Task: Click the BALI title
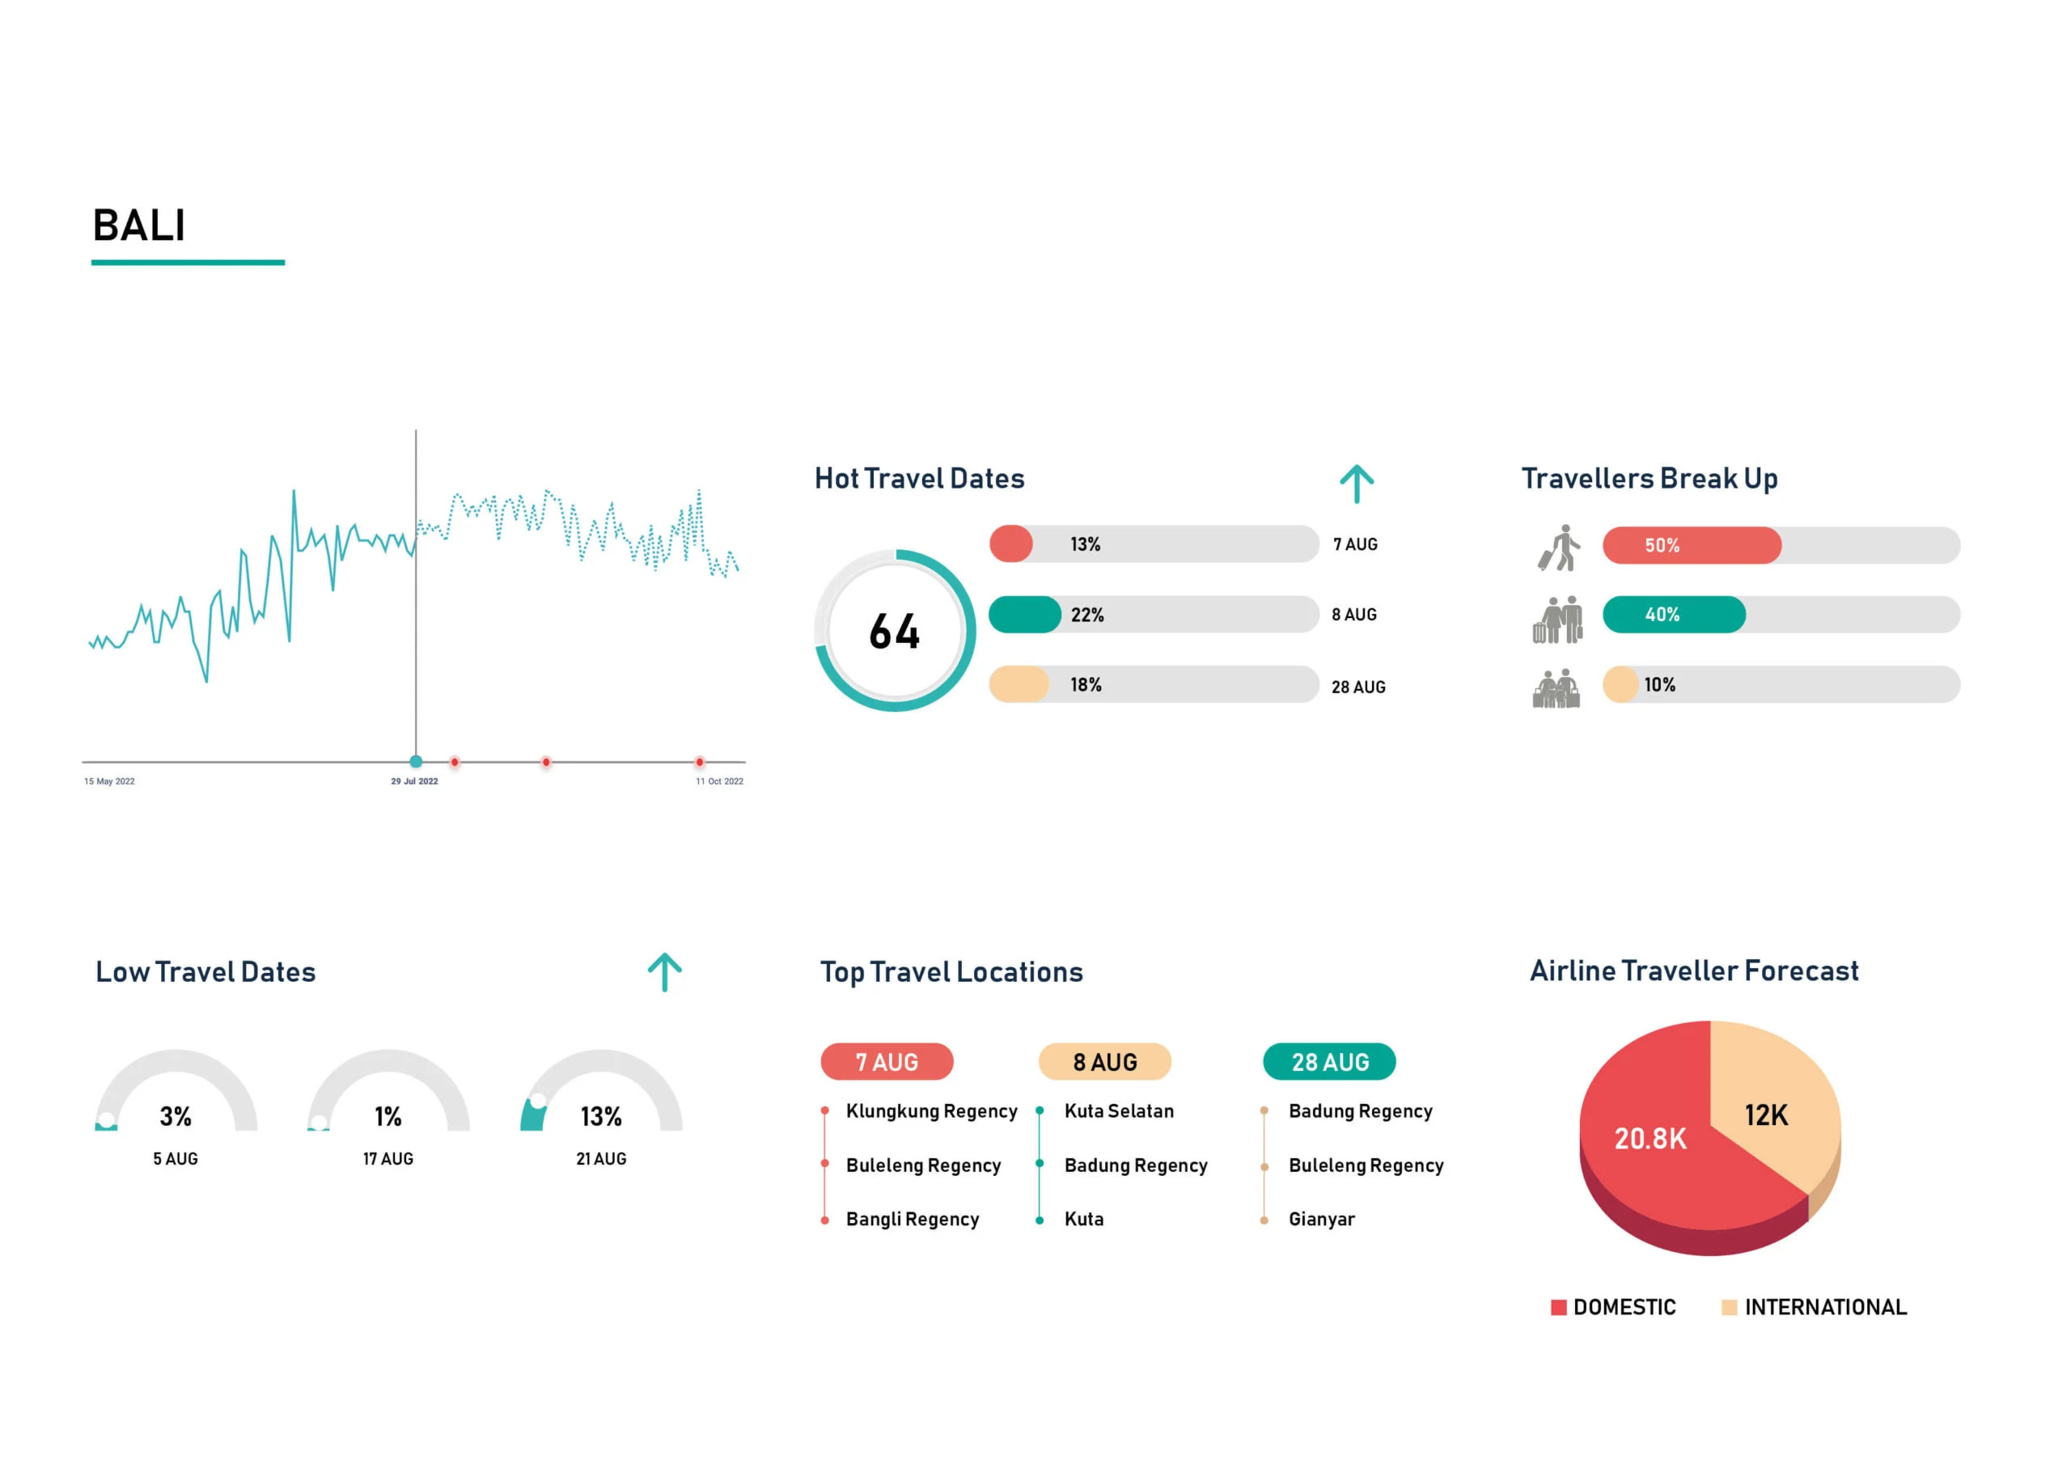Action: (139, 226)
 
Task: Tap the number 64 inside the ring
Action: (894, 632)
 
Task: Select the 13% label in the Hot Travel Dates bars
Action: (1085, 545)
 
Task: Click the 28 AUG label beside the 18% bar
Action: (1357, 688)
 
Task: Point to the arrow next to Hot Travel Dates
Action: (1356, 484)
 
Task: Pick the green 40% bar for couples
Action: (1672, 616)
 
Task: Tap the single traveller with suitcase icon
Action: (1559, 548)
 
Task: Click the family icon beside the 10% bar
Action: (1556, 688)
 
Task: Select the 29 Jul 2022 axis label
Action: (414, 781)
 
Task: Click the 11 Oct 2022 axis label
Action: (719, 781)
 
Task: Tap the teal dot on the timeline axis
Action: (416, 761)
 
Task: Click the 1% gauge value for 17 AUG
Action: (388, 1117)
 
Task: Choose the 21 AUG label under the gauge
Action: (601, 1159)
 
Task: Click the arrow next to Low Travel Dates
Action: (664, 972)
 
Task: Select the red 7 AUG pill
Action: (886, 1062)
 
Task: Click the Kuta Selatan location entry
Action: (1119, 1111)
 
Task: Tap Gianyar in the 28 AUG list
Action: (1320, 1220)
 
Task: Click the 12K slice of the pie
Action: (1765, 1116)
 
